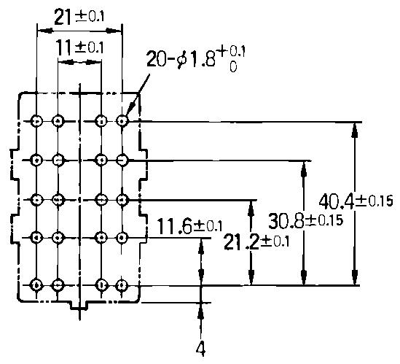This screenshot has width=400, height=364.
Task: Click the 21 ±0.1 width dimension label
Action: (79, 17)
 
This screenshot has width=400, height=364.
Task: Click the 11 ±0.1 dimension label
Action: (79, 47)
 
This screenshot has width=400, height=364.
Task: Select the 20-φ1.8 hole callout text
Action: (196, 59)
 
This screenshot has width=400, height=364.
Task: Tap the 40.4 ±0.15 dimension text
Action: (356, 201)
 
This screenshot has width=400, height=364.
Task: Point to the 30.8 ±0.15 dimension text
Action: (305, 221)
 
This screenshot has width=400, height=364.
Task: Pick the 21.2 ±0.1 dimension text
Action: (256, 241)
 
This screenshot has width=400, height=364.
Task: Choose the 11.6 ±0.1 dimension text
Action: (189, 226)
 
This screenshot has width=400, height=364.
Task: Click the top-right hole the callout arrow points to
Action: (122, 121)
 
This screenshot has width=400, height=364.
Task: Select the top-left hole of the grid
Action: (36, 121)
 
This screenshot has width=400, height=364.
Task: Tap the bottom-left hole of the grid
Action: (36, 284)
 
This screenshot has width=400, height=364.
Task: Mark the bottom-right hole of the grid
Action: (122, 284)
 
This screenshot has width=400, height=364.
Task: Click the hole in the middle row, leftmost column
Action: (36, 199)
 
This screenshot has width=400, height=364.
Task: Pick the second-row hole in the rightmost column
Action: (122, 160)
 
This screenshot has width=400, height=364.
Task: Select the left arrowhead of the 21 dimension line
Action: (45, 31)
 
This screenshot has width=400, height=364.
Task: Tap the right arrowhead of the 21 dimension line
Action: (114, 31)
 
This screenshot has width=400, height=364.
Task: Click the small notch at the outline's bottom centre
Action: (79, 306)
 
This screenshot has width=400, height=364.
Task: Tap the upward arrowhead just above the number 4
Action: (201, 310)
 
